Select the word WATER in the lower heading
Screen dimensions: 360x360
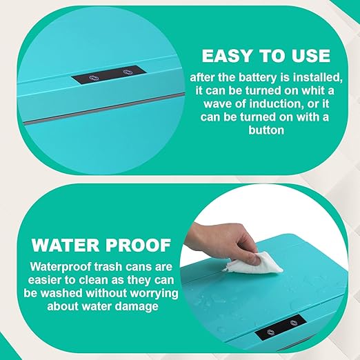click(66, 246)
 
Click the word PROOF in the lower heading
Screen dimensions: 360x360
click(139, 246)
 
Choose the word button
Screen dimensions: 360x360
click(266, 130)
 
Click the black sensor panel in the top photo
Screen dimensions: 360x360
click(109, 74)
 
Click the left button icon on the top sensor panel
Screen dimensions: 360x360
click(94, 78)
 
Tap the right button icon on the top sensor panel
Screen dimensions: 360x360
click(128, 72)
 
